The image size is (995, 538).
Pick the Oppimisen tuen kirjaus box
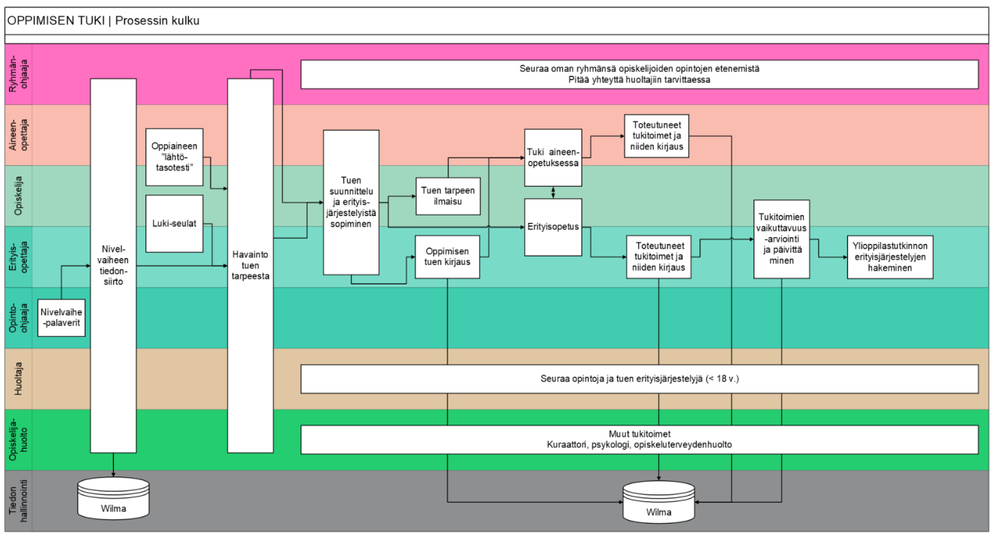(448, 257)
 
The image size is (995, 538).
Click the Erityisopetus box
(553, 225)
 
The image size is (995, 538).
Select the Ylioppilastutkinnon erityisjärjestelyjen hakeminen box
(891, 257)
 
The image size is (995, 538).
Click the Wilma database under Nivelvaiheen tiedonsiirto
(113, 498)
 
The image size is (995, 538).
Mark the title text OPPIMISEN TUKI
(55, 20)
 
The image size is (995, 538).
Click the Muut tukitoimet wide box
(640, 439)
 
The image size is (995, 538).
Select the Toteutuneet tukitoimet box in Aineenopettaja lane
(656, 136)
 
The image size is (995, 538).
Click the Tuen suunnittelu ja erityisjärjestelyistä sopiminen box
(351, 203)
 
